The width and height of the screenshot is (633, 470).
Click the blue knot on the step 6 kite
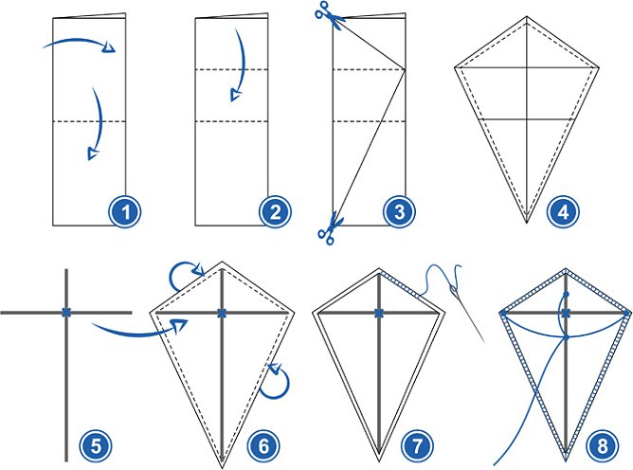[x=221, y=312]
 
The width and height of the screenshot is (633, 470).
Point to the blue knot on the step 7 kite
[x=378, y=312]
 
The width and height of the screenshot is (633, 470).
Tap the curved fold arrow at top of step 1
[x=81, y=42]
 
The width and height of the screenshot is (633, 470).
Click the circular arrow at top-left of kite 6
[x=181, y=276]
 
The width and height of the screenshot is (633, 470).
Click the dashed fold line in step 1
[x=88, y=120]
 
